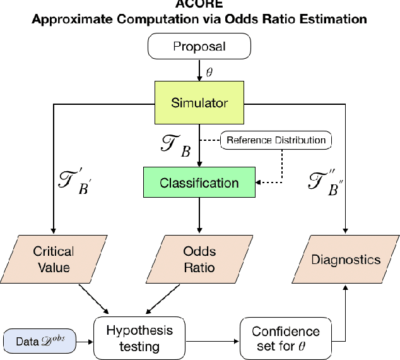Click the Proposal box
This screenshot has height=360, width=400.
199,47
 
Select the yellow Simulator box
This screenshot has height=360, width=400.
199,102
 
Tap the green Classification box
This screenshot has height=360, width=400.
199,183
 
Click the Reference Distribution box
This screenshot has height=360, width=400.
277,140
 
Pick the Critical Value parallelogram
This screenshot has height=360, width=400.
53,260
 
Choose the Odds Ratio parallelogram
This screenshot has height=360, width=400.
199,260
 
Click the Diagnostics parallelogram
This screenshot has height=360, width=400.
346,260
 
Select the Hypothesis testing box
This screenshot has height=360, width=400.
139,338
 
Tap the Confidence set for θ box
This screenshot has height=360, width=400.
285,338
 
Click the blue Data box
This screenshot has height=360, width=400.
40,341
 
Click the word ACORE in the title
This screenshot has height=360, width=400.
199,3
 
